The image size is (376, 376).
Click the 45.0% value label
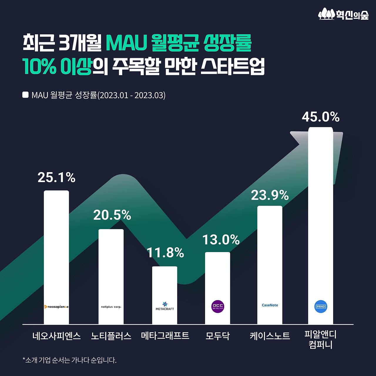pyautogui.click(x=320, y=117)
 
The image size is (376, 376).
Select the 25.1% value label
pyautogui.click(x=56, y=177)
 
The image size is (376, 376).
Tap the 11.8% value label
pyautogui.click(x=165, y=253)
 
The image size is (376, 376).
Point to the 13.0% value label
pyautogui.click(x=221, y=240)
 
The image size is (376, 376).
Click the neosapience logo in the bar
pyautogui.click(x=56, y=307)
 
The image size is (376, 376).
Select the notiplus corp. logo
pyautogui.click(x=111, y=307)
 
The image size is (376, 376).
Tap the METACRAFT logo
pyautogui.click(x=165, y=306)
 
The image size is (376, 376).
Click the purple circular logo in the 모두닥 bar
pyautogui.click(x=218, y=306)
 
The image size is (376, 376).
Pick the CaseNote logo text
pyautogui.click(x=270, y=305)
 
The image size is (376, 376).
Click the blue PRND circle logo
pyautogui.click(x=320, y=306)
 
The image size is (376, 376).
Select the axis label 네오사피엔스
pyautogui.click(x=56, y=336)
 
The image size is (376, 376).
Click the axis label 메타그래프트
pyautogui.click(x=165, y=335)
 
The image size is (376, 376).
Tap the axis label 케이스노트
pyautogui.click(x=270, y=336)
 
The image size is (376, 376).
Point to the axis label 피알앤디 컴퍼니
pyautogui.click(x=320, y=340)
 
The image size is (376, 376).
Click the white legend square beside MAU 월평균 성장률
pyautogui.click(x=26, y=95)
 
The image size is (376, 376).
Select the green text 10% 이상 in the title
pyautogui.click(x=57, y=66)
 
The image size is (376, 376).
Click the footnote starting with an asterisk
pyautogui.click(x=70, y=360)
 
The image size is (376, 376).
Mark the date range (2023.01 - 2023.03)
pyautogui.click(x=131, y=95)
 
